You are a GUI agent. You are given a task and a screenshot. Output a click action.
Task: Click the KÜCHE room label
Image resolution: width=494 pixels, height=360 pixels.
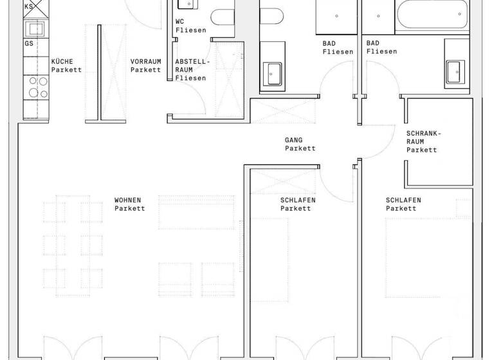tap(62, 62)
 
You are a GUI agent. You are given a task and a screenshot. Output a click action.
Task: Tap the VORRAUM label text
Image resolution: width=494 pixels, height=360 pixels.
tap(145, 62)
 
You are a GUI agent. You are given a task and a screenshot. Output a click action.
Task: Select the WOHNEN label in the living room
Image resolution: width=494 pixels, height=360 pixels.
tap(127, 200)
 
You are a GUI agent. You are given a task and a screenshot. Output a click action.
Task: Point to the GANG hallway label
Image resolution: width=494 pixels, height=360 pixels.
tap(293, 139)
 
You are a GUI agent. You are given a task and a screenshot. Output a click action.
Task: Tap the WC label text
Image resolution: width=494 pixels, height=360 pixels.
tap(180, 21)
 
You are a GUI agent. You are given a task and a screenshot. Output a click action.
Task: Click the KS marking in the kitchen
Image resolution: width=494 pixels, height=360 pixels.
tap(29, 6)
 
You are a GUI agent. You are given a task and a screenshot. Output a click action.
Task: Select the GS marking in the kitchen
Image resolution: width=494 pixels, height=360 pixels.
tap(29, 44)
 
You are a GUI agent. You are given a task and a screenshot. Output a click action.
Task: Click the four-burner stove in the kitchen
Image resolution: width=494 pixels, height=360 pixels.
tap(36, 86)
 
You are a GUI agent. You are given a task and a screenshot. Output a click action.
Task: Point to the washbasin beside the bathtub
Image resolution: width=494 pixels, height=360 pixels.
tap(456, 71)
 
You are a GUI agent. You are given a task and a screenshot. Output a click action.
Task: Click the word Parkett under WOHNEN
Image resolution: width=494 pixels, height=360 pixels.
tap(130, 208)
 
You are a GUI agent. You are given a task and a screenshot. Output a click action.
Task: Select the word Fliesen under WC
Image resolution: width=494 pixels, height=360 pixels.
tap(190, 30)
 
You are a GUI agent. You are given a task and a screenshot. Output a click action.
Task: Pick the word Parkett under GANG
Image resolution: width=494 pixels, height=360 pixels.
tap(300, 148)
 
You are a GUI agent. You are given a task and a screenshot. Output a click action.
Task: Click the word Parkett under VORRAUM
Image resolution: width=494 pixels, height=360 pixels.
tap(145, 70)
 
